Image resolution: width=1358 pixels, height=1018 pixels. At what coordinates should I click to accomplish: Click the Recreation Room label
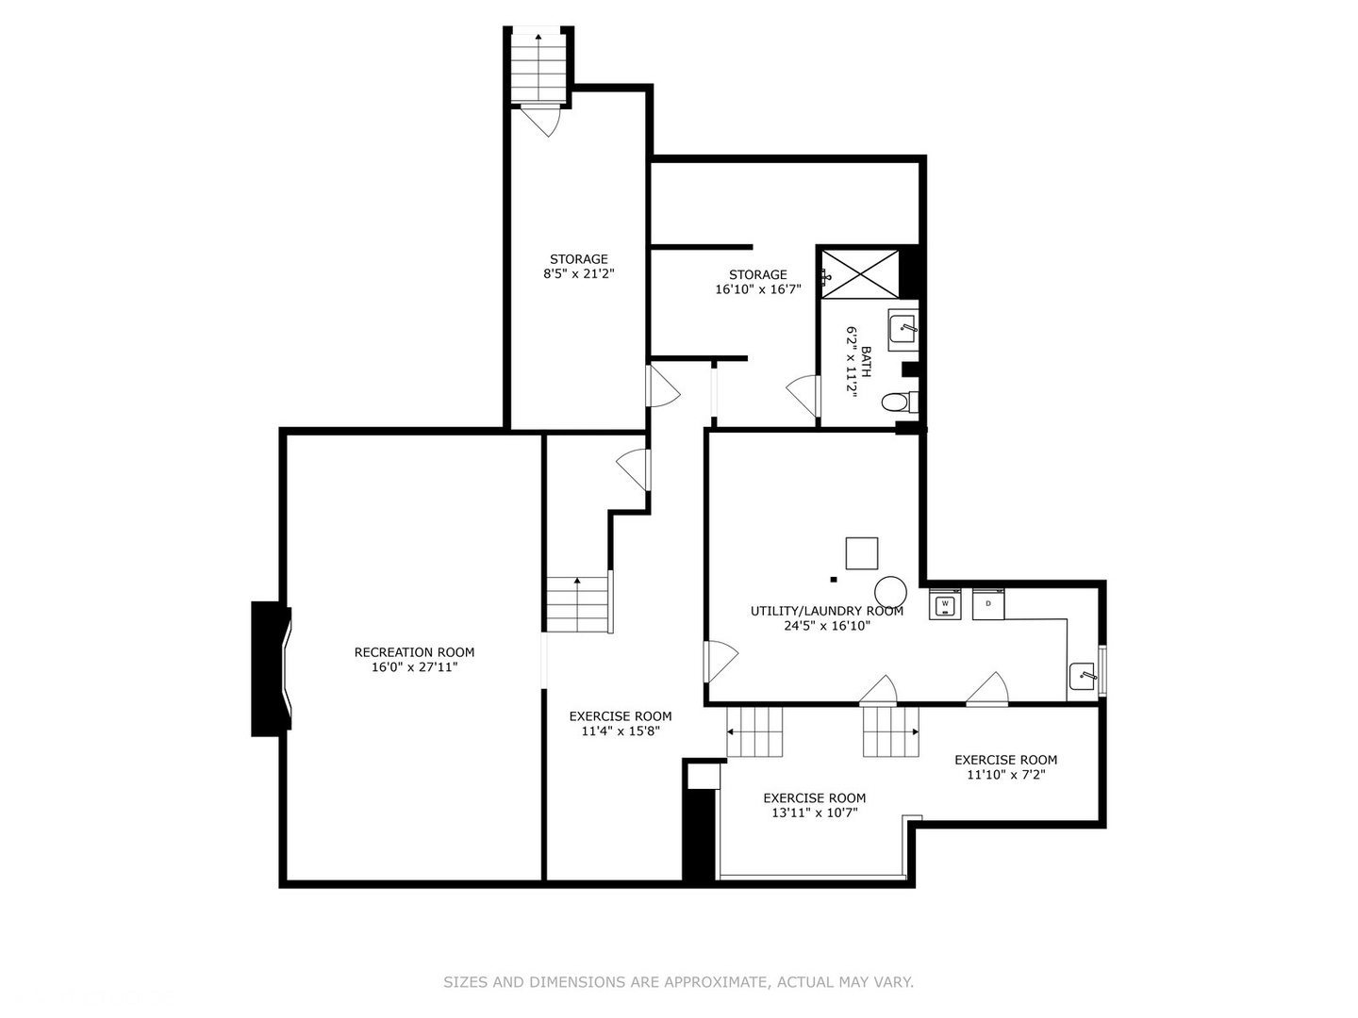coord(414,652)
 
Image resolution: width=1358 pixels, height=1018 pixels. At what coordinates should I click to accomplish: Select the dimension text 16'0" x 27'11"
coord(414,667)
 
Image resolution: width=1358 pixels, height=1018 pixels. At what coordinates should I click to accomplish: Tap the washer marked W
coord(945,604)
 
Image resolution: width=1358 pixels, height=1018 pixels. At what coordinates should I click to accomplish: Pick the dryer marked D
coord(988,604)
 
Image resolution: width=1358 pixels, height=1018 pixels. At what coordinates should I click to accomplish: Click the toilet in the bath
coord(898,402)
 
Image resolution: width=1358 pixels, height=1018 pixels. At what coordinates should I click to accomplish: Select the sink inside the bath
coord(903,330)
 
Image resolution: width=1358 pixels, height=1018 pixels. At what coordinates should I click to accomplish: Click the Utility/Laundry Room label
coord(826,611)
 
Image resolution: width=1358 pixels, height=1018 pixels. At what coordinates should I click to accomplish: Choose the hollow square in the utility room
coord(861,553)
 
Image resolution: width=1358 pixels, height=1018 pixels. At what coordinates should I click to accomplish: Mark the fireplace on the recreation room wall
coord(270,669)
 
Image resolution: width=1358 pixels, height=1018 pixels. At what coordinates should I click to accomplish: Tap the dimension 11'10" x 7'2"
coord(1005,775)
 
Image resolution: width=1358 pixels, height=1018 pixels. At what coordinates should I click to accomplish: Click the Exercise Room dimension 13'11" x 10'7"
coord(814,813)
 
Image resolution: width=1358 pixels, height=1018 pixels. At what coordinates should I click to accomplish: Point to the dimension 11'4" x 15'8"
coord(620,731)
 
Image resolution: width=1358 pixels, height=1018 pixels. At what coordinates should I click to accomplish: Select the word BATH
coord(866,362)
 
